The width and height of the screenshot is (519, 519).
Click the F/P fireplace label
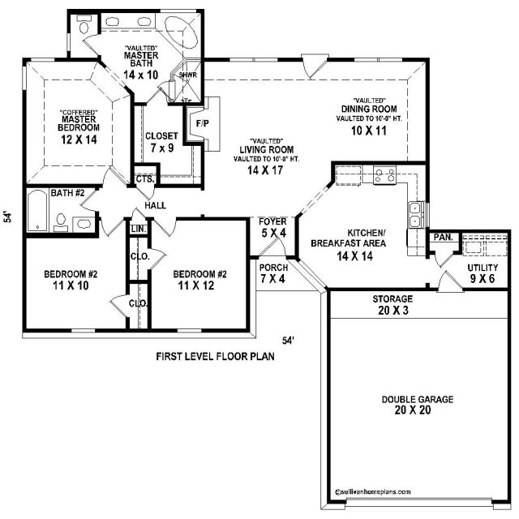click(x=203, y=123)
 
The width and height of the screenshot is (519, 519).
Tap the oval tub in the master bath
click(x=181, y=32)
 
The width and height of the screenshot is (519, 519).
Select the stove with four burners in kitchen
click(x=384, y=175)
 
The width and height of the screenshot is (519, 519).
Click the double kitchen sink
click(x=414, y=214)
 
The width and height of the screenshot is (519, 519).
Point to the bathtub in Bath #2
click(x=37, y=211)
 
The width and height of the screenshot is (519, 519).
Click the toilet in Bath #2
click(x=61, y=222)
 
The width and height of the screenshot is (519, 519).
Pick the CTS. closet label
click(x=145, y=179)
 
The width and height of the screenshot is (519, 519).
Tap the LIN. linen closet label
click(x=139, y=229)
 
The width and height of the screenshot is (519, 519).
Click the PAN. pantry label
click(x=444, y=237)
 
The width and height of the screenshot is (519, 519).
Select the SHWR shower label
click(x=188, y=75)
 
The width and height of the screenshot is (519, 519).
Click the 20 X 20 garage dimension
click(x=413, y=410)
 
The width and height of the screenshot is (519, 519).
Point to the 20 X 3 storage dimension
click(x=393, y=310)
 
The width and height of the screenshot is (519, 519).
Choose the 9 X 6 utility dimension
click(x=483, y=279)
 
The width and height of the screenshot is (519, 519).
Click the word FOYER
click(x=272, y=221)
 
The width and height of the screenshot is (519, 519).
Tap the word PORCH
click(x=274, y=268)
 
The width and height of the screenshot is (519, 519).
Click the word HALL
click(x=155, y=205)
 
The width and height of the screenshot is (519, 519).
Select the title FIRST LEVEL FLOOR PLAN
click(x=215, y=357)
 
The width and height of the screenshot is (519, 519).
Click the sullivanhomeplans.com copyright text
click(x=373, y=492)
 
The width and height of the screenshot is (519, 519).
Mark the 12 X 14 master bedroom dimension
click(x=79, y=139)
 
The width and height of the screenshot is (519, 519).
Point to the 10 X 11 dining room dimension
click(x=369, y=131)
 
